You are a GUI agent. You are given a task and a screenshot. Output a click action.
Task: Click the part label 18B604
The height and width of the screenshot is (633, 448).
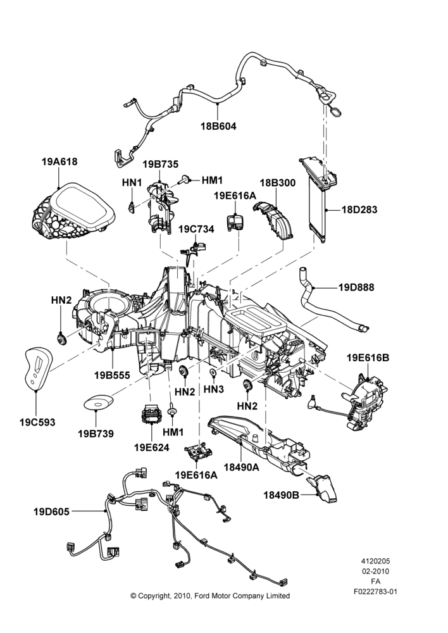tap(218, 127)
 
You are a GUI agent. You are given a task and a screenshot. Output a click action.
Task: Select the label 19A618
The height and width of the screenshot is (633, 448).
tap(59, 162)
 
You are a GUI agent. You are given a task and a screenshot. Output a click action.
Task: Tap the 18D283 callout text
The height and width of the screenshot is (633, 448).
tap(359, 210)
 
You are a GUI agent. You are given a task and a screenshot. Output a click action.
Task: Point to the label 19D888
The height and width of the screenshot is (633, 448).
tap(356, 287)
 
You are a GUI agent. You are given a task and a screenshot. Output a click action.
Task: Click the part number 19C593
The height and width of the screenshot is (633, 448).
tap(37, 423)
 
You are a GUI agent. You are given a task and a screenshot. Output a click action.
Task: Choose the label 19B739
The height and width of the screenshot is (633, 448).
tap(96, 434)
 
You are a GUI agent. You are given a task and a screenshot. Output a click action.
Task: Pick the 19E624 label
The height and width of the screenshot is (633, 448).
tap(152, 448)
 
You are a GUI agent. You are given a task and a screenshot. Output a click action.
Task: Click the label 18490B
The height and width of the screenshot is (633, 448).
tap(282, 494)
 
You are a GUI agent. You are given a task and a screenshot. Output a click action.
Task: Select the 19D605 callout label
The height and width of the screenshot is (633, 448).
tap(51, 511)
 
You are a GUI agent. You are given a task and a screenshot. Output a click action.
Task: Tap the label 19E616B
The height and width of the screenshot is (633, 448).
tap(368, 358)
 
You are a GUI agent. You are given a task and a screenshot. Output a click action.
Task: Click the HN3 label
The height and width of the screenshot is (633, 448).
tap(213, 389)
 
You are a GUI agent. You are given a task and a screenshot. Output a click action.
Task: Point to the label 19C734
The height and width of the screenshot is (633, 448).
tap(197, 229)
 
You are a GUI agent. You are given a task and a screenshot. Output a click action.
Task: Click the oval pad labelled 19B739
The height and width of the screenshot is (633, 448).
tap(98, 402)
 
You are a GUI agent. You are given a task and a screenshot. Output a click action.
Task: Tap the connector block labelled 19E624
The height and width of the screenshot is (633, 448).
tap(152, 415)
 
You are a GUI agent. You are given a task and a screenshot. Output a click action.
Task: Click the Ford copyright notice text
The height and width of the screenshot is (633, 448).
tap(210, 596)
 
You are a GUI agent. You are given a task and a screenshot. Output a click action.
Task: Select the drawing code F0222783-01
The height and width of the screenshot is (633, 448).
tap(376, 592)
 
